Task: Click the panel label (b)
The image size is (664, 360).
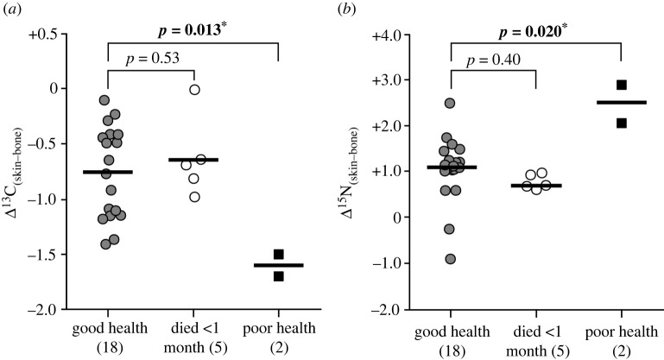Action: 350,9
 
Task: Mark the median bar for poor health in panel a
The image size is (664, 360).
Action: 278,265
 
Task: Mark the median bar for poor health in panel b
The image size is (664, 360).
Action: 621,103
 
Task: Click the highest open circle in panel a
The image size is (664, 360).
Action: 195,89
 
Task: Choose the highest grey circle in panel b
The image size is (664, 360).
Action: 450,104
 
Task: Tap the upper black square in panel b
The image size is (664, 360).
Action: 621,85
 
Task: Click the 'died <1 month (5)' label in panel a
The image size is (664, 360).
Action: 193,338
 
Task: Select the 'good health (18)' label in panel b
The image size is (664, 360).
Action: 450,338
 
